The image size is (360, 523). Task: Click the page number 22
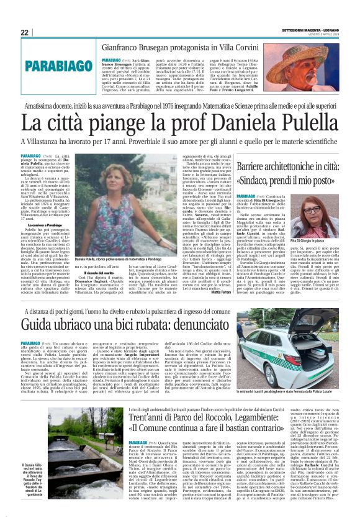pos(25,32)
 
